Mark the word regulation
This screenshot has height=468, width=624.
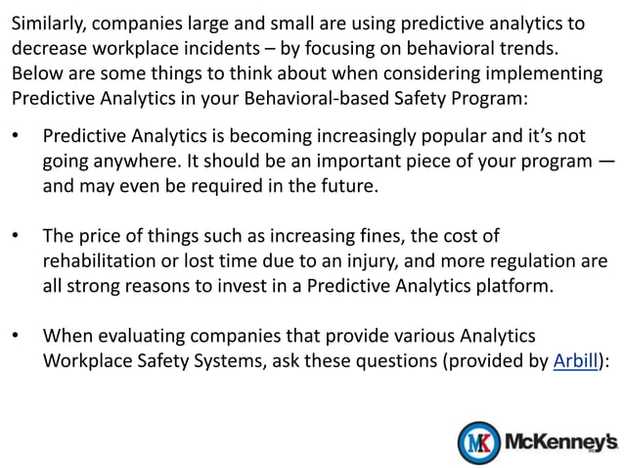(x=534, y=262)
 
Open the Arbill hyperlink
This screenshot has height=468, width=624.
(x=575, y=361)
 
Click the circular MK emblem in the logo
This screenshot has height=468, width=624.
(x=479, y=442)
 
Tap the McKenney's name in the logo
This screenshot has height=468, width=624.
(x=560, y=442)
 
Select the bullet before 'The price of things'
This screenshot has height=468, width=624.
(x=15, y=237)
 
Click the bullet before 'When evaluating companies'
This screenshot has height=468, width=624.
(x=15, y=336)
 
